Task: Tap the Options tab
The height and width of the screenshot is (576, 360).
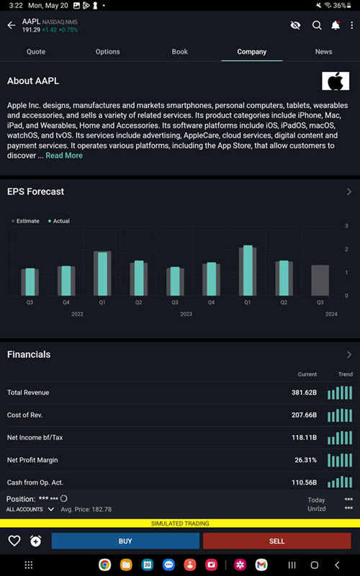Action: coord(108,52)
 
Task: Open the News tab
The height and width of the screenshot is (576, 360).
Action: coord(323,52)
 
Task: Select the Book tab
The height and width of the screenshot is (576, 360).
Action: coord(179,52)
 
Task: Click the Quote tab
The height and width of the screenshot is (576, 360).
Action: coord(36,52)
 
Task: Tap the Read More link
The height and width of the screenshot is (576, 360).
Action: coord(64,156)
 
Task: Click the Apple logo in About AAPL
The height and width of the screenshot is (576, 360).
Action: coord(335,81)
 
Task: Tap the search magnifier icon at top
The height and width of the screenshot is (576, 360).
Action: coord(317,25)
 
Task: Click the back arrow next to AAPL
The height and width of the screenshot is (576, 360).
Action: coord(11,25)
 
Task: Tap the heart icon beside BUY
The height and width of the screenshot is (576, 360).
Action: coord(14,541)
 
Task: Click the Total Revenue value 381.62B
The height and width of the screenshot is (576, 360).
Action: coord(303,393)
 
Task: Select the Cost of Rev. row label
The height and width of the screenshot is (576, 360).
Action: coord(27,415)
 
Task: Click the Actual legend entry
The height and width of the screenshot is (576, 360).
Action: coord(59,221)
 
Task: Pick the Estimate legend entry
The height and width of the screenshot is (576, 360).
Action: coord(26,221)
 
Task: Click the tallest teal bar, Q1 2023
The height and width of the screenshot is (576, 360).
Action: coord(248,270)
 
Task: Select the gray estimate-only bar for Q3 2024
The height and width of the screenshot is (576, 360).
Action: coord(320,280)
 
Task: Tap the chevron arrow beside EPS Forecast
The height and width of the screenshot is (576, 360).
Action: coord(348,192)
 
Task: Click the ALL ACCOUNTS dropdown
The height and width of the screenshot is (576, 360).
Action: coord(30,509)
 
